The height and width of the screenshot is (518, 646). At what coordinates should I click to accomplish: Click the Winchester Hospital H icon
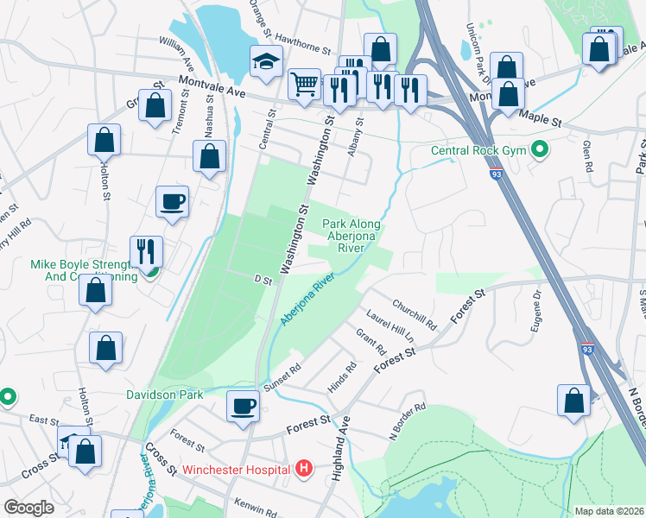[x=303, y=469]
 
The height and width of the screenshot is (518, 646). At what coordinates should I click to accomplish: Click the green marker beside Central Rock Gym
[x=541, y=151]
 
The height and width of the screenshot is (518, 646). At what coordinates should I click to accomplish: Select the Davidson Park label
[x=164, y=395]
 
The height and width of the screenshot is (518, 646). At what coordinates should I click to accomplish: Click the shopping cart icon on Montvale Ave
[x=303, y=84]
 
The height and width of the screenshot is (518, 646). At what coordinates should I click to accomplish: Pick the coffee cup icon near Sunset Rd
[x=244, y=405]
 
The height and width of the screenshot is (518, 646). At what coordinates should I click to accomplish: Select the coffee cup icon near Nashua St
[x=172, y=201]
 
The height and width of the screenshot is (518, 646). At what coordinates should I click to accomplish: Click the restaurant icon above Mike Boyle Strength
[x=146, y=251]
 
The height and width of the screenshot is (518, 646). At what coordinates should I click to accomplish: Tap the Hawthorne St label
[x=302, y=50]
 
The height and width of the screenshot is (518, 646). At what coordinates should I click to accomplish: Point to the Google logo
[x=28, y=507]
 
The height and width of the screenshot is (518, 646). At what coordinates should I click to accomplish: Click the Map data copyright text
[x=610, y=511]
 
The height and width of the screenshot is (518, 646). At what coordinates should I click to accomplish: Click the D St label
[x=263, y=280]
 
